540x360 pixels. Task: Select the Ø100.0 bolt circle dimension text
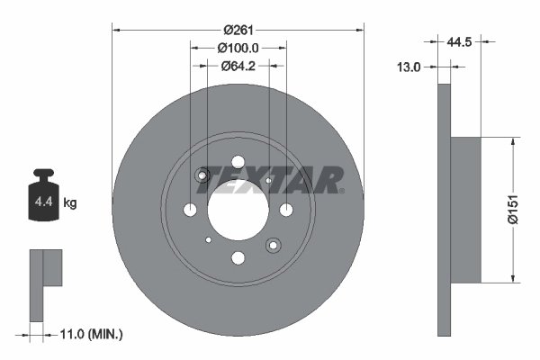point(238,48)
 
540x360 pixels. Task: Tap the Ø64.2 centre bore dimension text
point(238,65)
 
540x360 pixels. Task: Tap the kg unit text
point(70,203)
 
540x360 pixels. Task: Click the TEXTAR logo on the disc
point(271,179)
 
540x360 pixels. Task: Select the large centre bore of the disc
point(238,211)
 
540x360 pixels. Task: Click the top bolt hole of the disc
point(238,163)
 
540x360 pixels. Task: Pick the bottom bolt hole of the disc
point(238,258)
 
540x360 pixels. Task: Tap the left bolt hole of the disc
point(190,211)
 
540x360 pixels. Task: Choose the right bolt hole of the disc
point(285,211)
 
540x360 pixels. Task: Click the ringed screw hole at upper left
point(203,175)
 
